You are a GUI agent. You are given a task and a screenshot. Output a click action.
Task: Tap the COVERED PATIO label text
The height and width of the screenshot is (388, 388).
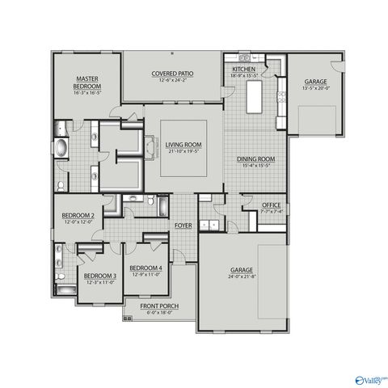(x=171, y=73)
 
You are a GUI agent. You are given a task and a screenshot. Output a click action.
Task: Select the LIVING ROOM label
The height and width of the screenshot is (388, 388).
(x=183, y=145)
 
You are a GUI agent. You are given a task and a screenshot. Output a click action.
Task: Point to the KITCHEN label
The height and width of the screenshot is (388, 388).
(x=244, y=70)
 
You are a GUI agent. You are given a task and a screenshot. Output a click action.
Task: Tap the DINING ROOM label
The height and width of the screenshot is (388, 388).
(x=256, y=159)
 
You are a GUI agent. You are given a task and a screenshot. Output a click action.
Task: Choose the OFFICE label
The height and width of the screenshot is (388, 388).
(x=272, y=205)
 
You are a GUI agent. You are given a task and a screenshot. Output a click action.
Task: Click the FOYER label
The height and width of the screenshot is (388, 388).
(x=183, y=226)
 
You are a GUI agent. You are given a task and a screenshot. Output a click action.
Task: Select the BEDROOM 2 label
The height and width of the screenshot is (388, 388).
(x=78, y=216)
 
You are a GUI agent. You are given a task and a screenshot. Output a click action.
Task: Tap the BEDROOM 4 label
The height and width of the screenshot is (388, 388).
(x=145, y=268)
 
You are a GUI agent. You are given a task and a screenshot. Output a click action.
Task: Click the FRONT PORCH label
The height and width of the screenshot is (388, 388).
(x=158, y=306)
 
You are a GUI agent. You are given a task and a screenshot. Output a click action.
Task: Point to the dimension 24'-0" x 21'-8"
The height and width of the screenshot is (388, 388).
(x=242, y=276)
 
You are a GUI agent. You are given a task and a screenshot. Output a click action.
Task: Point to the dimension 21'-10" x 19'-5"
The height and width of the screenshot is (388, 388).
(x=183, y=151)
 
